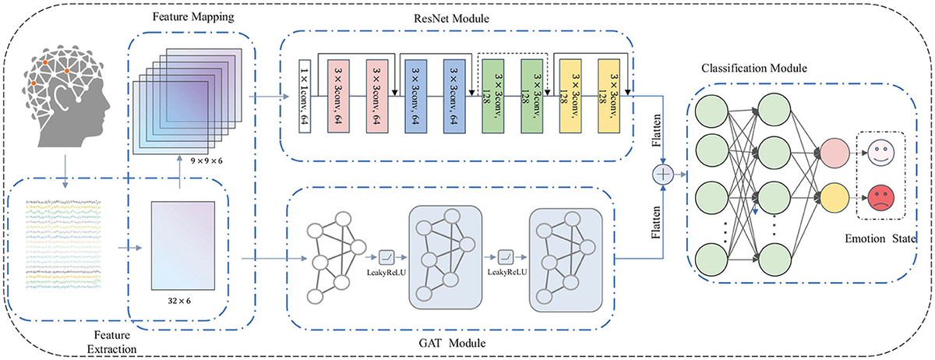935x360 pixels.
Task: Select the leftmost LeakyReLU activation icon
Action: (389, 256)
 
